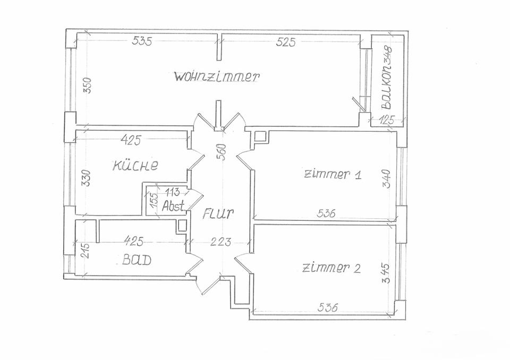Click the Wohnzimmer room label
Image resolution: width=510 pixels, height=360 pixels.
[x=217, y=76]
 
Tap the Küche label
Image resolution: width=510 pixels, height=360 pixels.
[x=135, y=165]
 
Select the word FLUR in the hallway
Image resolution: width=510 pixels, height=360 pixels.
[x=218, y=215]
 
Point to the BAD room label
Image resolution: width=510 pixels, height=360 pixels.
[x=137, y=260]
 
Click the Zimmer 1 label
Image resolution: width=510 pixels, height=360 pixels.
[x=332, y=175]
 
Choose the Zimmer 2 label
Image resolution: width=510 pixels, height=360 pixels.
[x=331, y=268]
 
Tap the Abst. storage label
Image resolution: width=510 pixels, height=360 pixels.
[x=173, y=205]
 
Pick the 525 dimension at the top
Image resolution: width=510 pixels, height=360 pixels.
[x=286, y=42]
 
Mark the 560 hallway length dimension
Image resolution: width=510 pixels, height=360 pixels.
[x=222, y=152]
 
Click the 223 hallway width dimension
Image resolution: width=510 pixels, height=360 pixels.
[x=220, y=243]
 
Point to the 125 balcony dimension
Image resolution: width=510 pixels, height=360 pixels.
[x=387, y=121]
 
